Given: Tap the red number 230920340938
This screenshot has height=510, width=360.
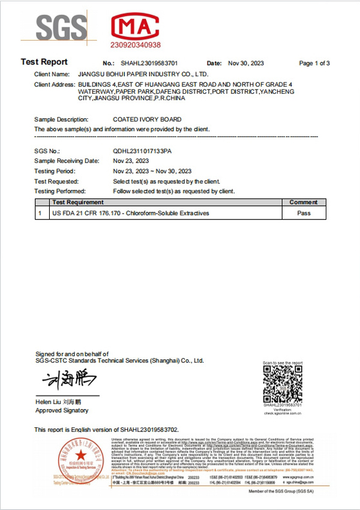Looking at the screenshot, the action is [x=136, y=45].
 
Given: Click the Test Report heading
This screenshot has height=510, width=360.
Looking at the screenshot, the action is [x=44, y=62].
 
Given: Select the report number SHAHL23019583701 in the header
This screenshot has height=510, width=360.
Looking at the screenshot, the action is [x=149, y=63].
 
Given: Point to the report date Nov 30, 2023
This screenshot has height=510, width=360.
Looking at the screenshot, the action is [x=246, y=63].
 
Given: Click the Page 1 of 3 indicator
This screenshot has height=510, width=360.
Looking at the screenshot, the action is [x=314, y=63].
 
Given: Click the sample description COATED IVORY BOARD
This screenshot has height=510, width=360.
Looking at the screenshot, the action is [x=147, y=119].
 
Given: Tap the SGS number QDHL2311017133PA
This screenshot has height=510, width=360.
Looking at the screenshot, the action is [x=142, y=151].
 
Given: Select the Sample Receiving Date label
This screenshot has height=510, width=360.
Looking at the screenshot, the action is [x=67, y=161].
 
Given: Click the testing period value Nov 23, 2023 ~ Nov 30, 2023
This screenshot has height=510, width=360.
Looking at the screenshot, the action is [x=152, y=171].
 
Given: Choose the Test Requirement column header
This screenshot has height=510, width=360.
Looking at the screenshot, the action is [x=78, y=202].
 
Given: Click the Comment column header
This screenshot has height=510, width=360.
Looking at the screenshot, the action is [x=304, y=202].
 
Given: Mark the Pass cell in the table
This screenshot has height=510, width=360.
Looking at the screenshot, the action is [x=304, y=213].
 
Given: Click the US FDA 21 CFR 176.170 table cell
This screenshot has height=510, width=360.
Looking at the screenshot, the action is [x=131, y=213].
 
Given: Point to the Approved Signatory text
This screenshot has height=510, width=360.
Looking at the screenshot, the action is [x=62, y=410].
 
